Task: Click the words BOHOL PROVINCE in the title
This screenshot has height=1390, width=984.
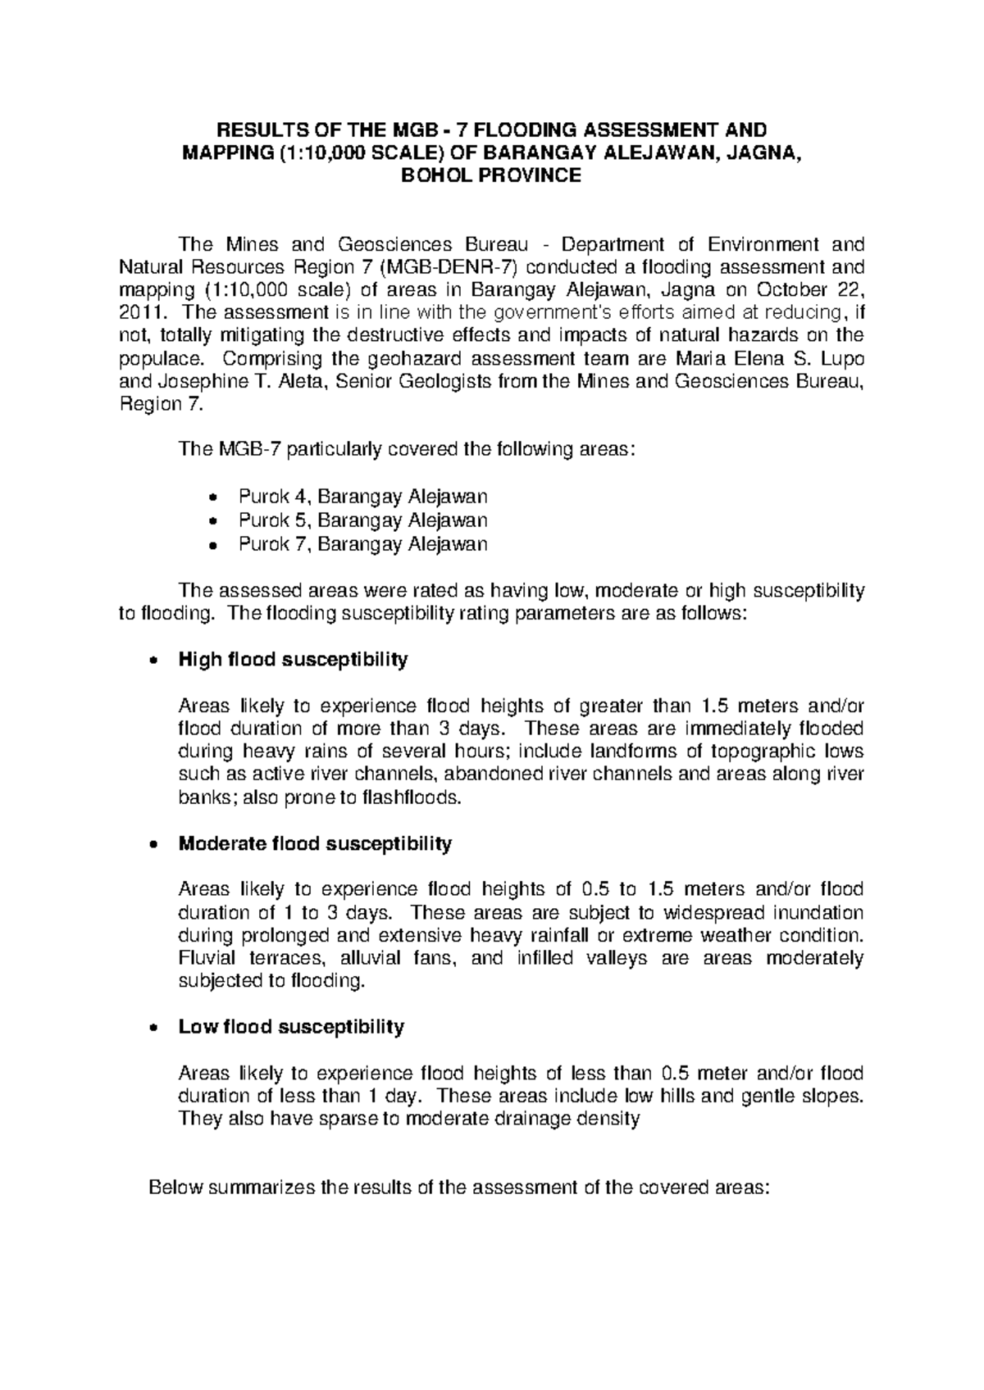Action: click(x=490, y=175)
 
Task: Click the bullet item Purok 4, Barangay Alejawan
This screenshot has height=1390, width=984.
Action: click(x=362, y=497)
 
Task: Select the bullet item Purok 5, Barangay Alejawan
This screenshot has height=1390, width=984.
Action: click(x=362, y=520)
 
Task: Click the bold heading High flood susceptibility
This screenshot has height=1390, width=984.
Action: click(x=293, y=660)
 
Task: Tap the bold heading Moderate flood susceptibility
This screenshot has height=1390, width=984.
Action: click(x=315, y=843)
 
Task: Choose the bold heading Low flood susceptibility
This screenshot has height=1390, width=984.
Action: click(x=291, y=1027)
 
